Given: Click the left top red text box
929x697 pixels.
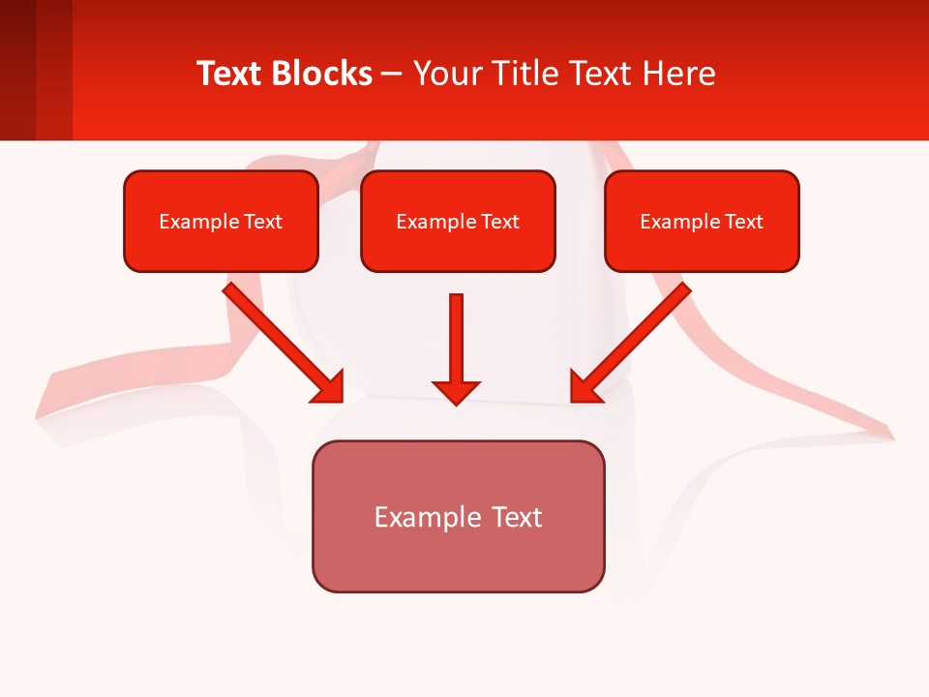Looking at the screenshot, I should pyautogui.click(x=221, y=221).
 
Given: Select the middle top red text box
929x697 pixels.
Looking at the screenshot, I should pyautogui.click(x=458, y=221).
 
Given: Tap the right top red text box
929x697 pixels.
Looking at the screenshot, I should pyautogui.click(x=702, y=221).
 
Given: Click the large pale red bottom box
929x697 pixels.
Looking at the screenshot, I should pyautogui.click(x=458, y=516).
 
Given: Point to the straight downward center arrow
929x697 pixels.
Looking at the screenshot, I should pyautogui.click(x=456, y=339).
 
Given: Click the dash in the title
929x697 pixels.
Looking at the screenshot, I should pyautogui.click(x=392, y=74).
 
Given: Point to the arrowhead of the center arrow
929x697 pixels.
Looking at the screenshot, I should pyautogui.click(x=456, y=392).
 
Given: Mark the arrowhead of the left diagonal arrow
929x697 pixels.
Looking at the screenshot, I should pyautogui.click(x=329, y=387).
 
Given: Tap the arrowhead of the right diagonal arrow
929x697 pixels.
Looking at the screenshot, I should pyautogui.click(x=584, y=387).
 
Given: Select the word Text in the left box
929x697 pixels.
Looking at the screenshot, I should pyautogui.click(x=262, y=222).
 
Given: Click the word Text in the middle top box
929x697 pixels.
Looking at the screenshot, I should pyautogui.click(x=500, y=222).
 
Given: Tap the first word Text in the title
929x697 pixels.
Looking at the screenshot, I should pyautogui.click(x=231, y=74).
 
